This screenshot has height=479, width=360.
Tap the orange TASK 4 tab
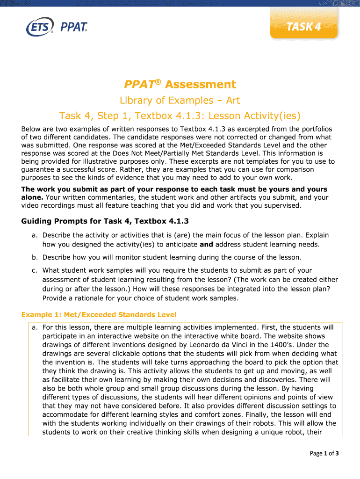point(303,26)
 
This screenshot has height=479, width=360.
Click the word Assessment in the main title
point(201,84)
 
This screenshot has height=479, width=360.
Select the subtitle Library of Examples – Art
point(180,100)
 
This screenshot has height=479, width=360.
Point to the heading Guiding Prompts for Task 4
point(105,221)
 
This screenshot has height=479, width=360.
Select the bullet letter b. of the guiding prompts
point(35,257)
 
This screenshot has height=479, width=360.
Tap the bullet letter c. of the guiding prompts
point(35,270)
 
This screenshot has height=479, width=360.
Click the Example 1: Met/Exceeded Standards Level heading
point(99,314)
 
